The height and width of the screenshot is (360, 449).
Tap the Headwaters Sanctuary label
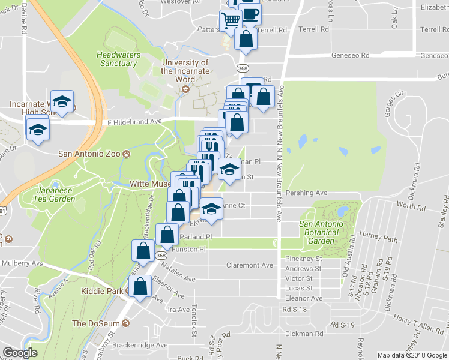[x=118, y=59]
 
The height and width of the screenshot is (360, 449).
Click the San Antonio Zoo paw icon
[x=127, y=154]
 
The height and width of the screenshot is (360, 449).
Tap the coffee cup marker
[x=250, y=14]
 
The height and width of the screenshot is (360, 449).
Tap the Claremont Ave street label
[x=249, y=265]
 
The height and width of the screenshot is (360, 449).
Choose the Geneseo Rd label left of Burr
[x=351, y=55]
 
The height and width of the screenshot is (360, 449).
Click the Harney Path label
[x=378, y=239]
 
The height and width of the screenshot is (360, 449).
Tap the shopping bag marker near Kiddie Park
[x=140, y=288]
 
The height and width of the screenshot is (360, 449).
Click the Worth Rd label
[x=411, y=206]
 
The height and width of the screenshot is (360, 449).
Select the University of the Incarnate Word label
[x=185, y=71]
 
